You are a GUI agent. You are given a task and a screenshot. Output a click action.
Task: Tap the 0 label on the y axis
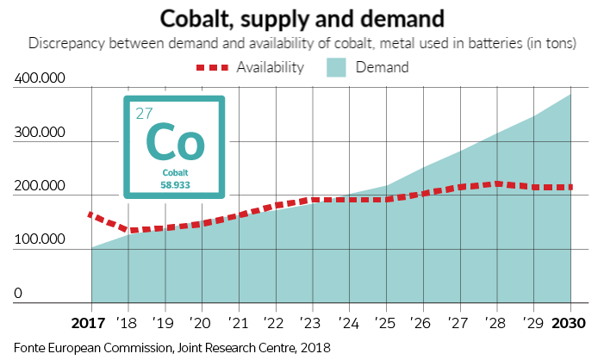tap(18, 294)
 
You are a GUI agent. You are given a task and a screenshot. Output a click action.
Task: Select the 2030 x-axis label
tap(569, 323)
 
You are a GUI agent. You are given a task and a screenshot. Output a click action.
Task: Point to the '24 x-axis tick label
tap(350, 323)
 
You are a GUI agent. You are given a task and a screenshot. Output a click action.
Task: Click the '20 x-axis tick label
tap(202, 323)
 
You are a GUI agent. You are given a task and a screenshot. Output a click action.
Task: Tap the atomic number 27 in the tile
tap(144, 113)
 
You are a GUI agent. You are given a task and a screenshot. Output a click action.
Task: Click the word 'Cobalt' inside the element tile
tap(174, 173)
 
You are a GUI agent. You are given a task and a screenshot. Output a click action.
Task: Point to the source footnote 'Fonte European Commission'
tap(95, 347)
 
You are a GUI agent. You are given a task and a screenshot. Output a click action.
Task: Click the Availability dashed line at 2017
tap(91, 214)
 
